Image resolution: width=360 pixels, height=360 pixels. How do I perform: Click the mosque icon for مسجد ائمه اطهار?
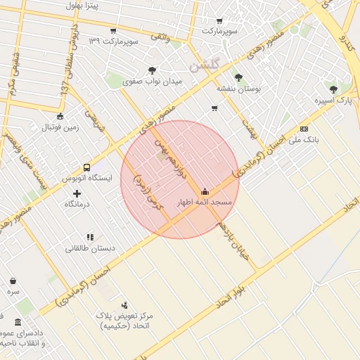point(205,191)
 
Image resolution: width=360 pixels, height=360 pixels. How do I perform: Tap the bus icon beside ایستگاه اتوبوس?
point(86,168)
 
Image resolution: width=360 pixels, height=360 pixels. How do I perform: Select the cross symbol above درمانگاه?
point(77,193)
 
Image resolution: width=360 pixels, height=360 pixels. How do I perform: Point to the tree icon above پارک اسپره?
point(333,90)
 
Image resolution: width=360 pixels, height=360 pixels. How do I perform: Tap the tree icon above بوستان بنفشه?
point(238,77)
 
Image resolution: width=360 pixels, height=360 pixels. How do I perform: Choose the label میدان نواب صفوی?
point(153,82)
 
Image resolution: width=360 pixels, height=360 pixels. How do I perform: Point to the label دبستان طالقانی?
point(90,249)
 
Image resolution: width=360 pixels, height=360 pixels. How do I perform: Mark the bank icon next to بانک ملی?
point(304,129)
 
